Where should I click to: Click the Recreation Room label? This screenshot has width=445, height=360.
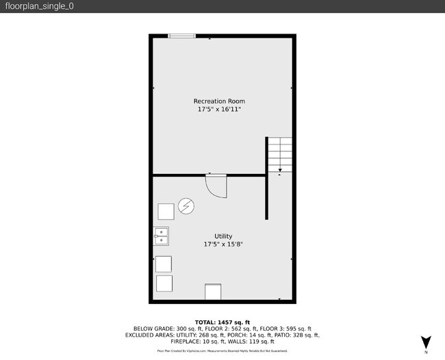(219, 101)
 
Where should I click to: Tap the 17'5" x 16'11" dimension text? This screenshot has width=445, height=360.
(219, 109)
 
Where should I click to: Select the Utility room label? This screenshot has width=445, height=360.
(223, 237)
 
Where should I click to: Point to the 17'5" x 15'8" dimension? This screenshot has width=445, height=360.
(223, 244)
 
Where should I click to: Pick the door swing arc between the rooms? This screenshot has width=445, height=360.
(217, 187)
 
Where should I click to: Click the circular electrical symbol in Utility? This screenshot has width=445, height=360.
(186, 206)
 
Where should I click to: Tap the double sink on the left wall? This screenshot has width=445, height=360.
(162, 236)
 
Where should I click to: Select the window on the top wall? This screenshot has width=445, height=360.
(181, 36)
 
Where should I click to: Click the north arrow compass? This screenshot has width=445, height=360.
(426, 342)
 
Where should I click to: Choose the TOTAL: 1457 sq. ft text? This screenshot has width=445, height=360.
(222, 322)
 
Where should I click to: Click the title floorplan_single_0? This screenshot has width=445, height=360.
(39, 6)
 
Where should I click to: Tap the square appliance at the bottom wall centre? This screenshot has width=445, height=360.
(214, 292)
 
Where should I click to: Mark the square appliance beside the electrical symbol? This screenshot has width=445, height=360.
(166, 211)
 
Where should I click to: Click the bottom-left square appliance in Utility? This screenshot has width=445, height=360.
(164, 283)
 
